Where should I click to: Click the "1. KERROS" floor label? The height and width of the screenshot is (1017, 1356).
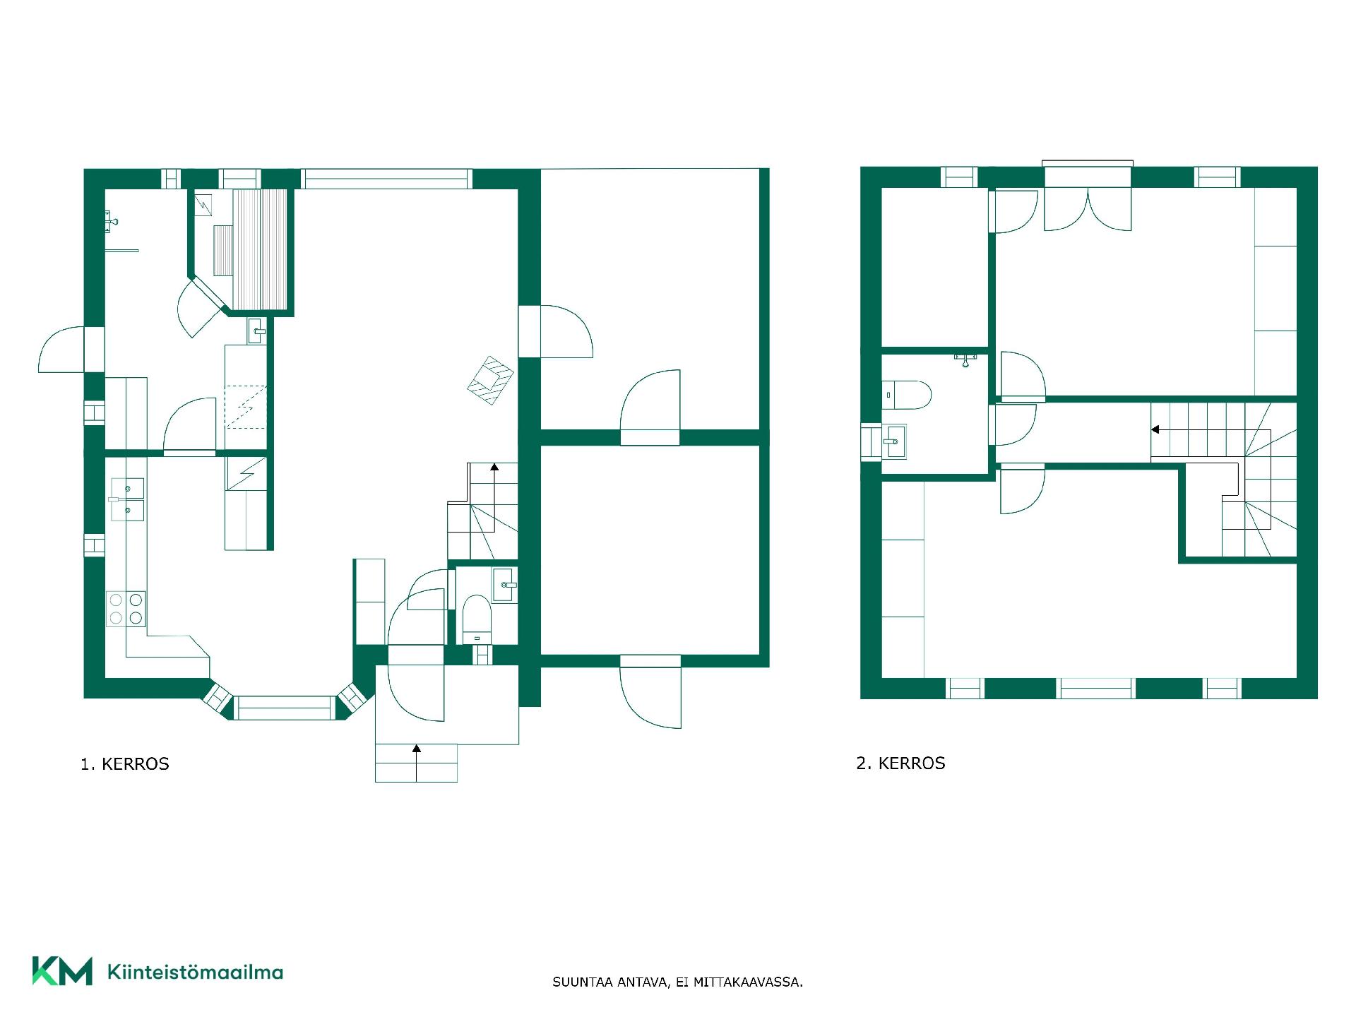(125, 764)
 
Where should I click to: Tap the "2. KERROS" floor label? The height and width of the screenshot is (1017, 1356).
(900, 763)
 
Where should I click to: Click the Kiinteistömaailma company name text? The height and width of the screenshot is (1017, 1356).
(195, 972)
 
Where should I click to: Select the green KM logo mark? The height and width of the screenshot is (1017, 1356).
(62, 971)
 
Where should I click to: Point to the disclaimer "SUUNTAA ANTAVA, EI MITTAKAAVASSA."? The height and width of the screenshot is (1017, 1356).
(678, 982)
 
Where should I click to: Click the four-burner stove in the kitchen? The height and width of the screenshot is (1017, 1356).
(126, 609)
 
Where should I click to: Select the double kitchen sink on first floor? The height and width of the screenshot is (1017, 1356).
(127, 499)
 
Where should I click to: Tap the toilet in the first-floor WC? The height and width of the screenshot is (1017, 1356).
(477, 619)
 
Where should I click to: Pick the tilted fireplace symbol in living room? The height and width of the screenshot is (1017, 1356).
(490, 380)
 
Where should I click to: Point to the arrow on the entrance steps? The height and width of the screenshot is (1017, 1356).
(417, 763)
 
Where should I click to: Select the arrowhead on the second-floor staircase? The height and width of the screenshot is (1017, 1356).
(1155, 429)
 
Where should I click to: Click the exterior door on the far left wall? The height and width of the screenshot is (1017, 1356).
(61, 350)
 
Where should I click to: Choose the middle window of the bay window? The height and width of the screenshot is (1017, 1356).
(284, 708)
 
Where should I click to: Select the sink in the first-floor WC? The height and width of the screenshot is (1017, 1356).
(504, 585)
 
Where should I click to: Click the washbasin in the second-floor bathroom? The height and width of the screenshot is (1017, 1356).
(895, 441)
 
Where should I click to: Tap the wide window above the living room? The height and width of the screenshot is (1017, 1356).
(386, 179)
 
